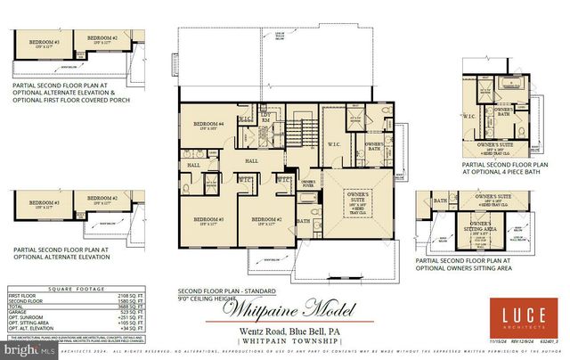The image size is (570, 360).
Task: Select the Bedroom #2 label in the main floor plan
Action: click(x=265, y=219)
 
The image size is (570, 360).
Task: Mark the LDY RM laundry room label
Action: click(x=265, y=117)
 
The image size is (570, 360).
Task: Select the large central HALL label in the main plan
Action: click(x=252, y=160)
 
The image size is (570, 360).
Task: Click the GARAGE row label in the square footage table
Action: click(x=20, y=310)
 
